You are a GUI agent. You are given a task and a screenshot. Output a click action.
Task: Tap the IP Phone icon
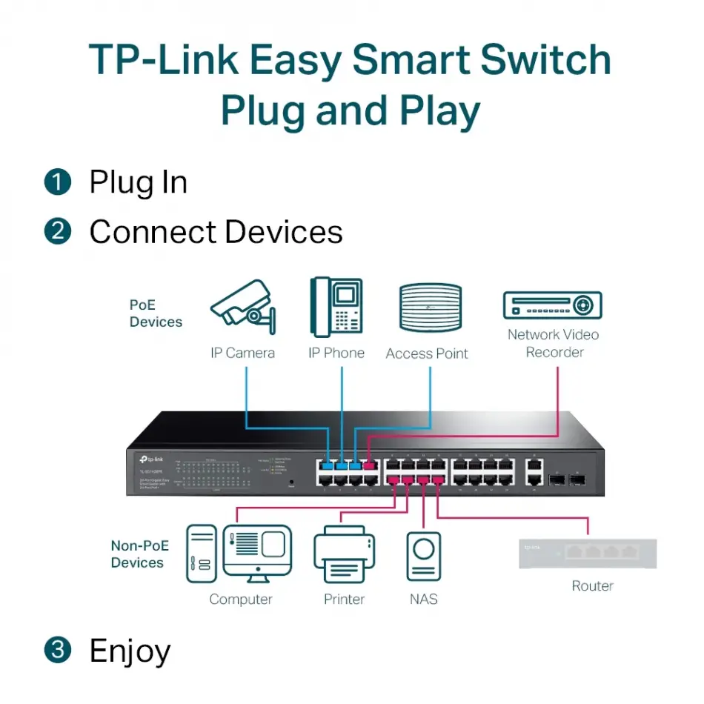pos(336,307)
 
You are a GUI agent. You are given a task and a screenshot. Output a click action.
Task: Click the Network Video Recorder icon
pos(552,305)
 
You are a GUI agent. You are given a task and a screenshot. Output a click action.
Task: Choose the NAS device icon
pos(423,556)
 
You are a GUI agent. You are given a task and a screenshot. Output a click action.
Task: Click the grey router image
pos(588,553)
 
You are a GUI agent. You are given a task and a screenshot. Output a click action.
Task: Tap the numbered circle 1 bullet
pos(57,182)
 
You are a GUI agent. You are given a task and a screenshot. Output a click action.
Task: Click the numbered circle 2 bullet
pos(57,232)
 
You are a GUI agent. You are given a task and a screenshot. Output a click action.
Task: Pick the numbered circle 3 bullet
pos(57,651)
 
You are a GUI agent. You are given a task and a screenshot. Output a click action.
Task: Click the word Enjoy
pos(130,651)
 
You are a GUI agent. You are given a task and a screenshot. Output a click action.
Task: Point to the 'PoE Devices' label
pos(156,313)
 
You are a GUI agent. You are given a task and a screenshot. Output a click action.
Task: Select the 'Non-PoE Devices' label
pos(139,554)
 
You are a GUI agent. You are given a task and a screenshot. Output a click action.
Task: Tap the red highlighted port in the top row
pos(370,465)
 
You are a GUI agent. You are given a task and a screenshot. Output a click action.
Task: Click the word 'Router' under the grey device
pos(592,586)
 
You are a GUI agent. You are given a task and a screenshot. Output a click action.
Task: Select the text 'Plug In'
pos(138,182)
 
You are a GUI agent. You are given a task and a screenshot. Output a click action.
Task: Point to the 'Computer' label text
pos(241,600)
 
